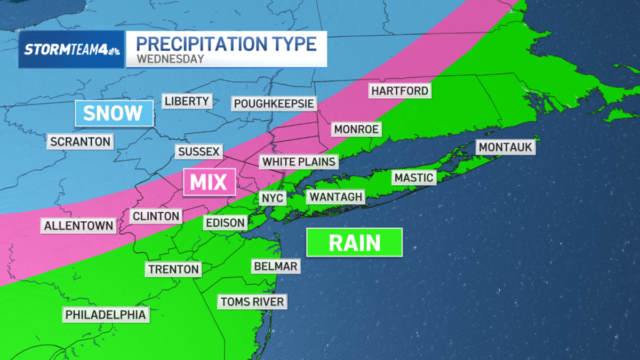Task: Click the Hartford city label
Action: pyautogui.click(x=400, y=91)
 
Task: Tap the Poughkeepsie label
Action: pyautogui.click(x=274, y=103)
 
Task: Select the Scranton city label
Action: pyautogui.click(x=81, y=141)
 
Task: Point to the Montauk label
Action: pyautogui.click(x=506, y=147)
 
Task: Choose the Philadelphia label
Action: pyautogui.click(x=106, y=315)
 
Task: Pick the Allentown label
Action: pyautogui.click(x=79, y=226)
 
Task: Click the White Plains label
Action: pyautogui.click(x=299, y=161)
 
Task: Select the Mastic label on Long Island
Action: pyautogui.click(x=414, y=177)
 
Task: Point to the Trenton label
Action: pyautogui.click(x=174, y=269)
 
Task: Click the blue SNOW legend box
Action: pyautogui.click(x=113, y=113)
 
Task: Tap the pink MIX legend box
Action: pyautogui.click(x=209, y=182)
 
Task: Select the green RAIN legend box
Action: pyautogui.click(x=354, y=243)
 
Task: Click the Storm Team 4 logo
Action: pyautogui.click(x=71, y=50)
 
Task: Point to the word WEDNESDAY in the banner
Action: pyautogui.click(x=170, y=59)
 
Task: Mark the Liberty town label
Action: pyautogui.click(x=187, y=101)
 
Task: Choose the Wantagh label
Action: pyautogui.click(x=336, y=197)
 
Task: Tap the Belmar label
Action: pyautogui.click(x=276, y=266)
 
